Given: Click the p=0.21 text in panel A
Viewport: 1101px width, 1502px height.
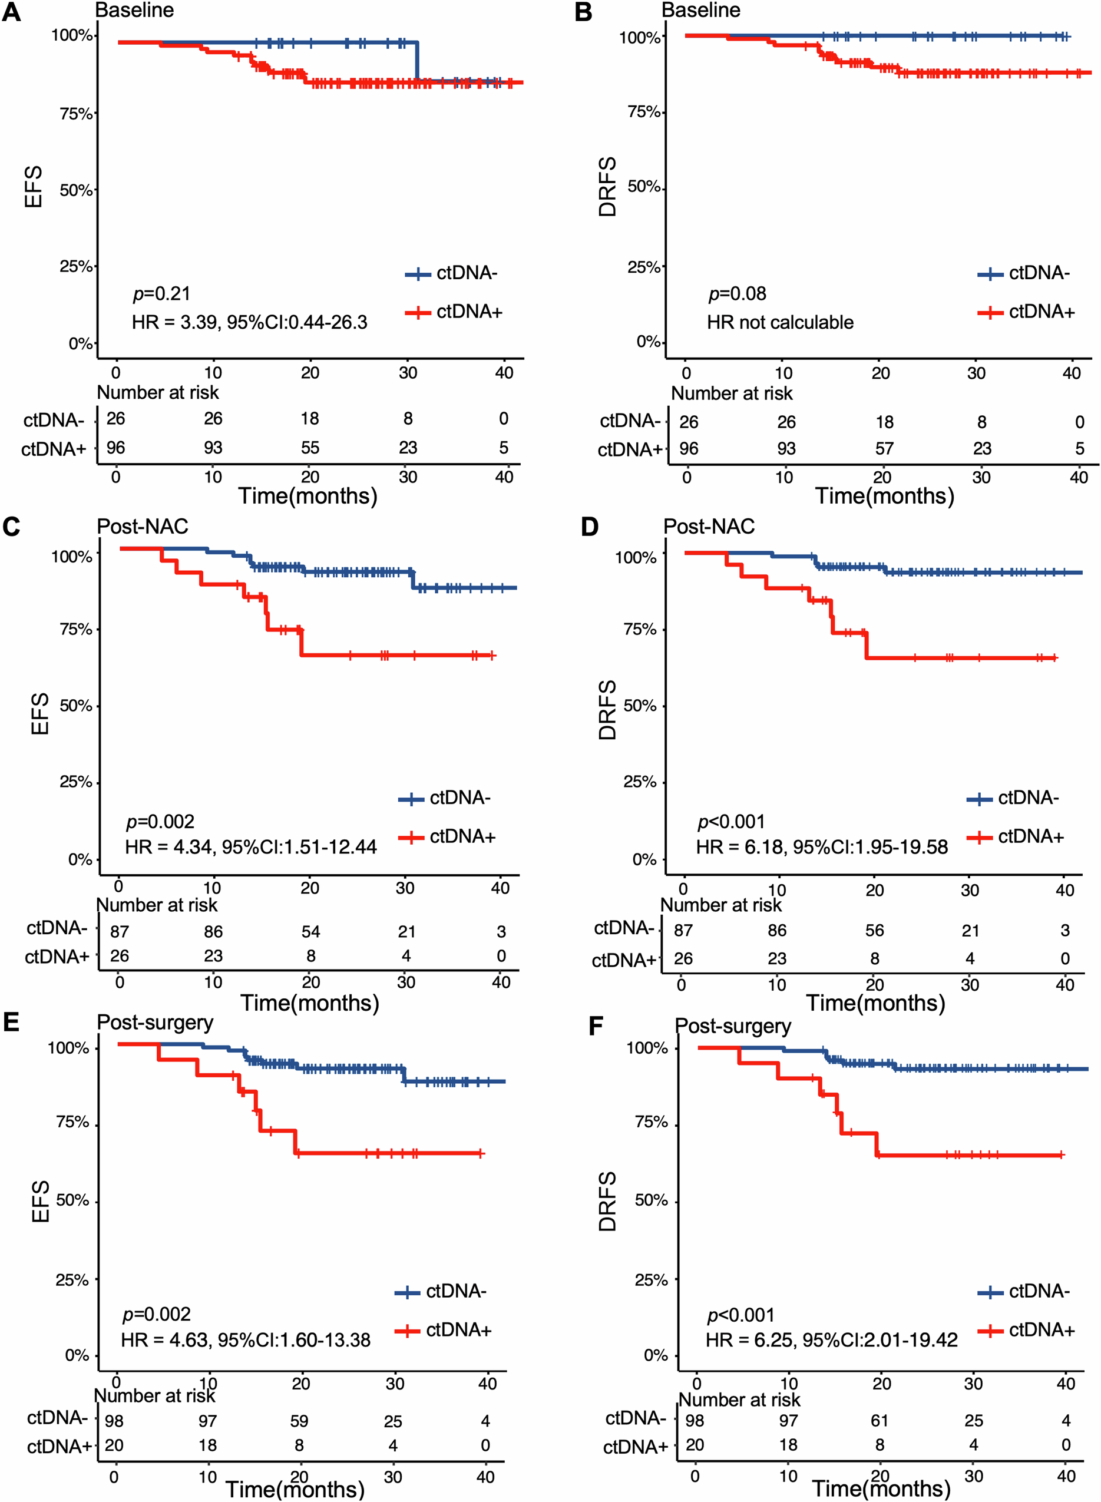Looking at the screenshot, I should click(x=161, y=293).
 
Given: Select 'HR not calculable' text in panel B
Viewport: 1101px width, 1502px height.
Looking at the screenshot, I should click(x=780, y=323).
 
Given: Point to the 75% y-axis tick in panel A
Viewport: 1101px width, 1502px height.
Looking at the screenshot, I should click(x=76, y=114).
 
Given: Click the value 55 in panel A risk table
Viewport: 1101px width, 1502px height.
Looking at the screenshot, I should click(x=310, y=448).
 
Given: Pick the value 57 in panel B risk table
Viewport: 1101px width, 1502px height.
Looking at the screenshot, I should click(x=884, y=448).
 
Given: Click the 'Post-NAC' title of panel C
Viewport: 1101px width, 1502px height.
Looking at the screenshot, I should click(x=143, y=527).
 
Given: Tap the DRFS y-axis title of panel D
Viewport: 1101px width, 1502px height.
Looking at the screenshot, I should click(x=607, y=710).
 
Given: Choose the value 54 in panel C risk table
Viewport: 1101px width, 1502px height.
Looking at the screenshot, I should click(x=310, y=932).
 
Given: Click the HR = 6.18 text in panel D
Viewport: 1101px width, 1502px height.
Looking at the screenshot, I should click(x=821, y=847).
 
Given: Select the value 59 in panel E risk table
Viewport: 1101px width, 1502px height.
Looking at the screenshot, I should click(x=299, y=1421).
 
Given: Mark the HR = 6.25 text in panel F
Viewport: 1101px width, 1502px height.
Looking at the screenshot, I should click(x=831, y=1340).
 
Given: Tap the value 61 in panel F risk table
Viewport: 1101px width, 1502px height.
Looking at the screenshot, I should click(x=880, y=1421).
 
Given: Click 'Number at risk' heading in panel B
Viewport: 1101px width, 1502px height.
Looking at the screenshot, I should click(x=731, y=393).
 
